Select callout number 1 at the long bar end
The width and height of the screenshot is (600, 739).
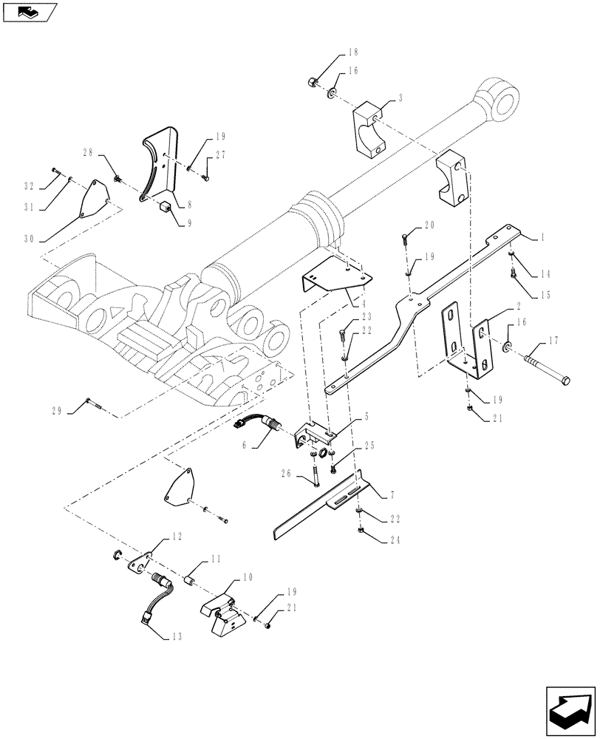(x=543, y=237)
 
